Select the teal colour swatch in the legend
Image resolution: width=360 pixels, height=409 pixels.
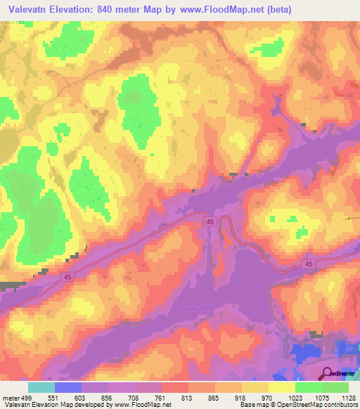(x=41, y=387)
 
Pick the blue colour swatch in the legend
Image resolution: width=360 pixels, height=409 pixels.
(x=68, y=387)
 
